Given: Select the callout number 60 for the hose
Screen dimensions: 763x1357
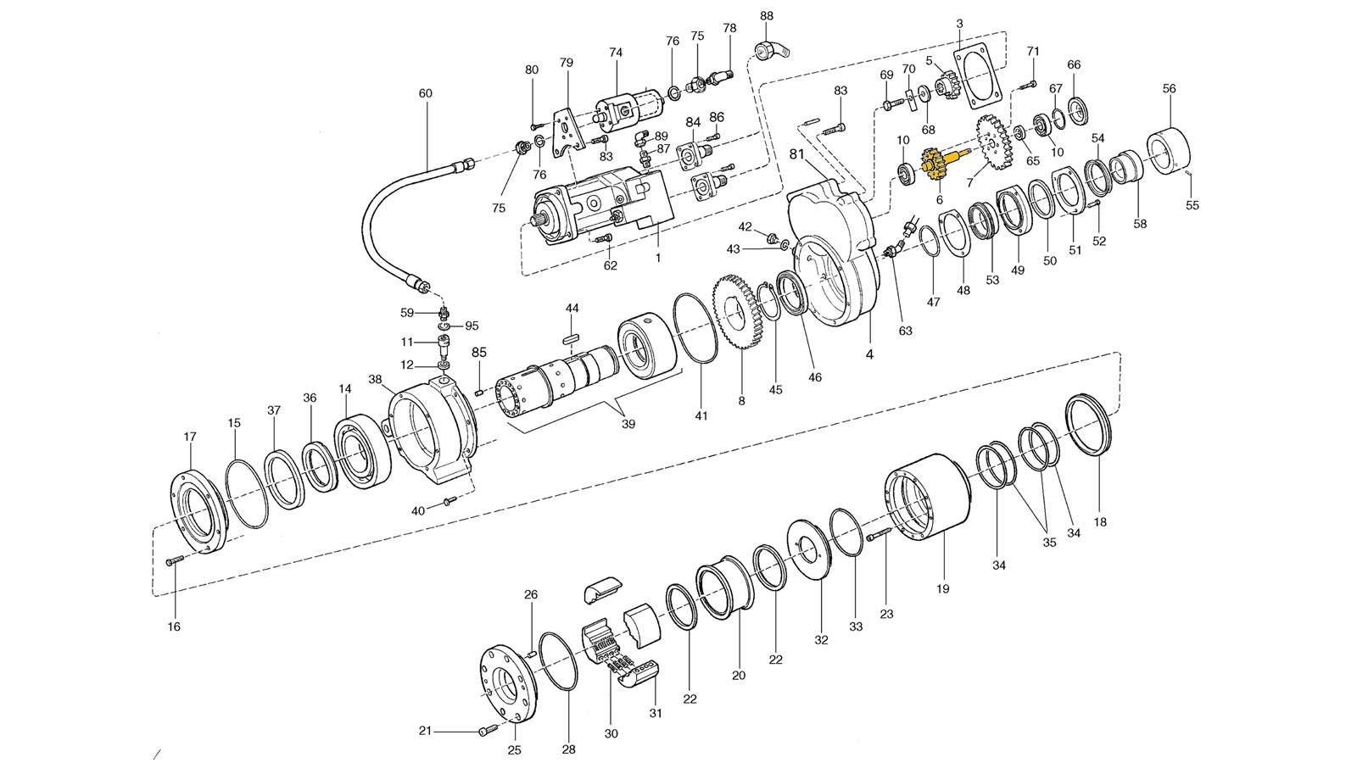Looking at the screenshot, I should [x=425, y=93].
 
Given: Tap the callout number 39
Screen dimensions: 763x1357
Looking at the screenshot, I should [x=628, y=424].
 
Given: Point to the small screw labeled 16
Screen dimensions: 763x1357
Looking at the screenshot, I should [x=173, y=561].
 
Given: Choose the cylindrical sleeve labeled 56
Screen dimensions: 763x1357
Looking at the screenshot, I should [x=1169, y=151].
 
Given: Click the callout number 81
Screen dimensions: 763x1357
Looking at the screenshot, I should [x=796, y=154].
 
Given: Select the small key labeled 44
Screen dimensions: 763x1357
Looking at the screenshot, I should [x=572, y=337].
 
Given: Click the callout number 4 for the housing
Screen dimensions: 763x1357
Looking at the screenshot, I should [x=869, y=354].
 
